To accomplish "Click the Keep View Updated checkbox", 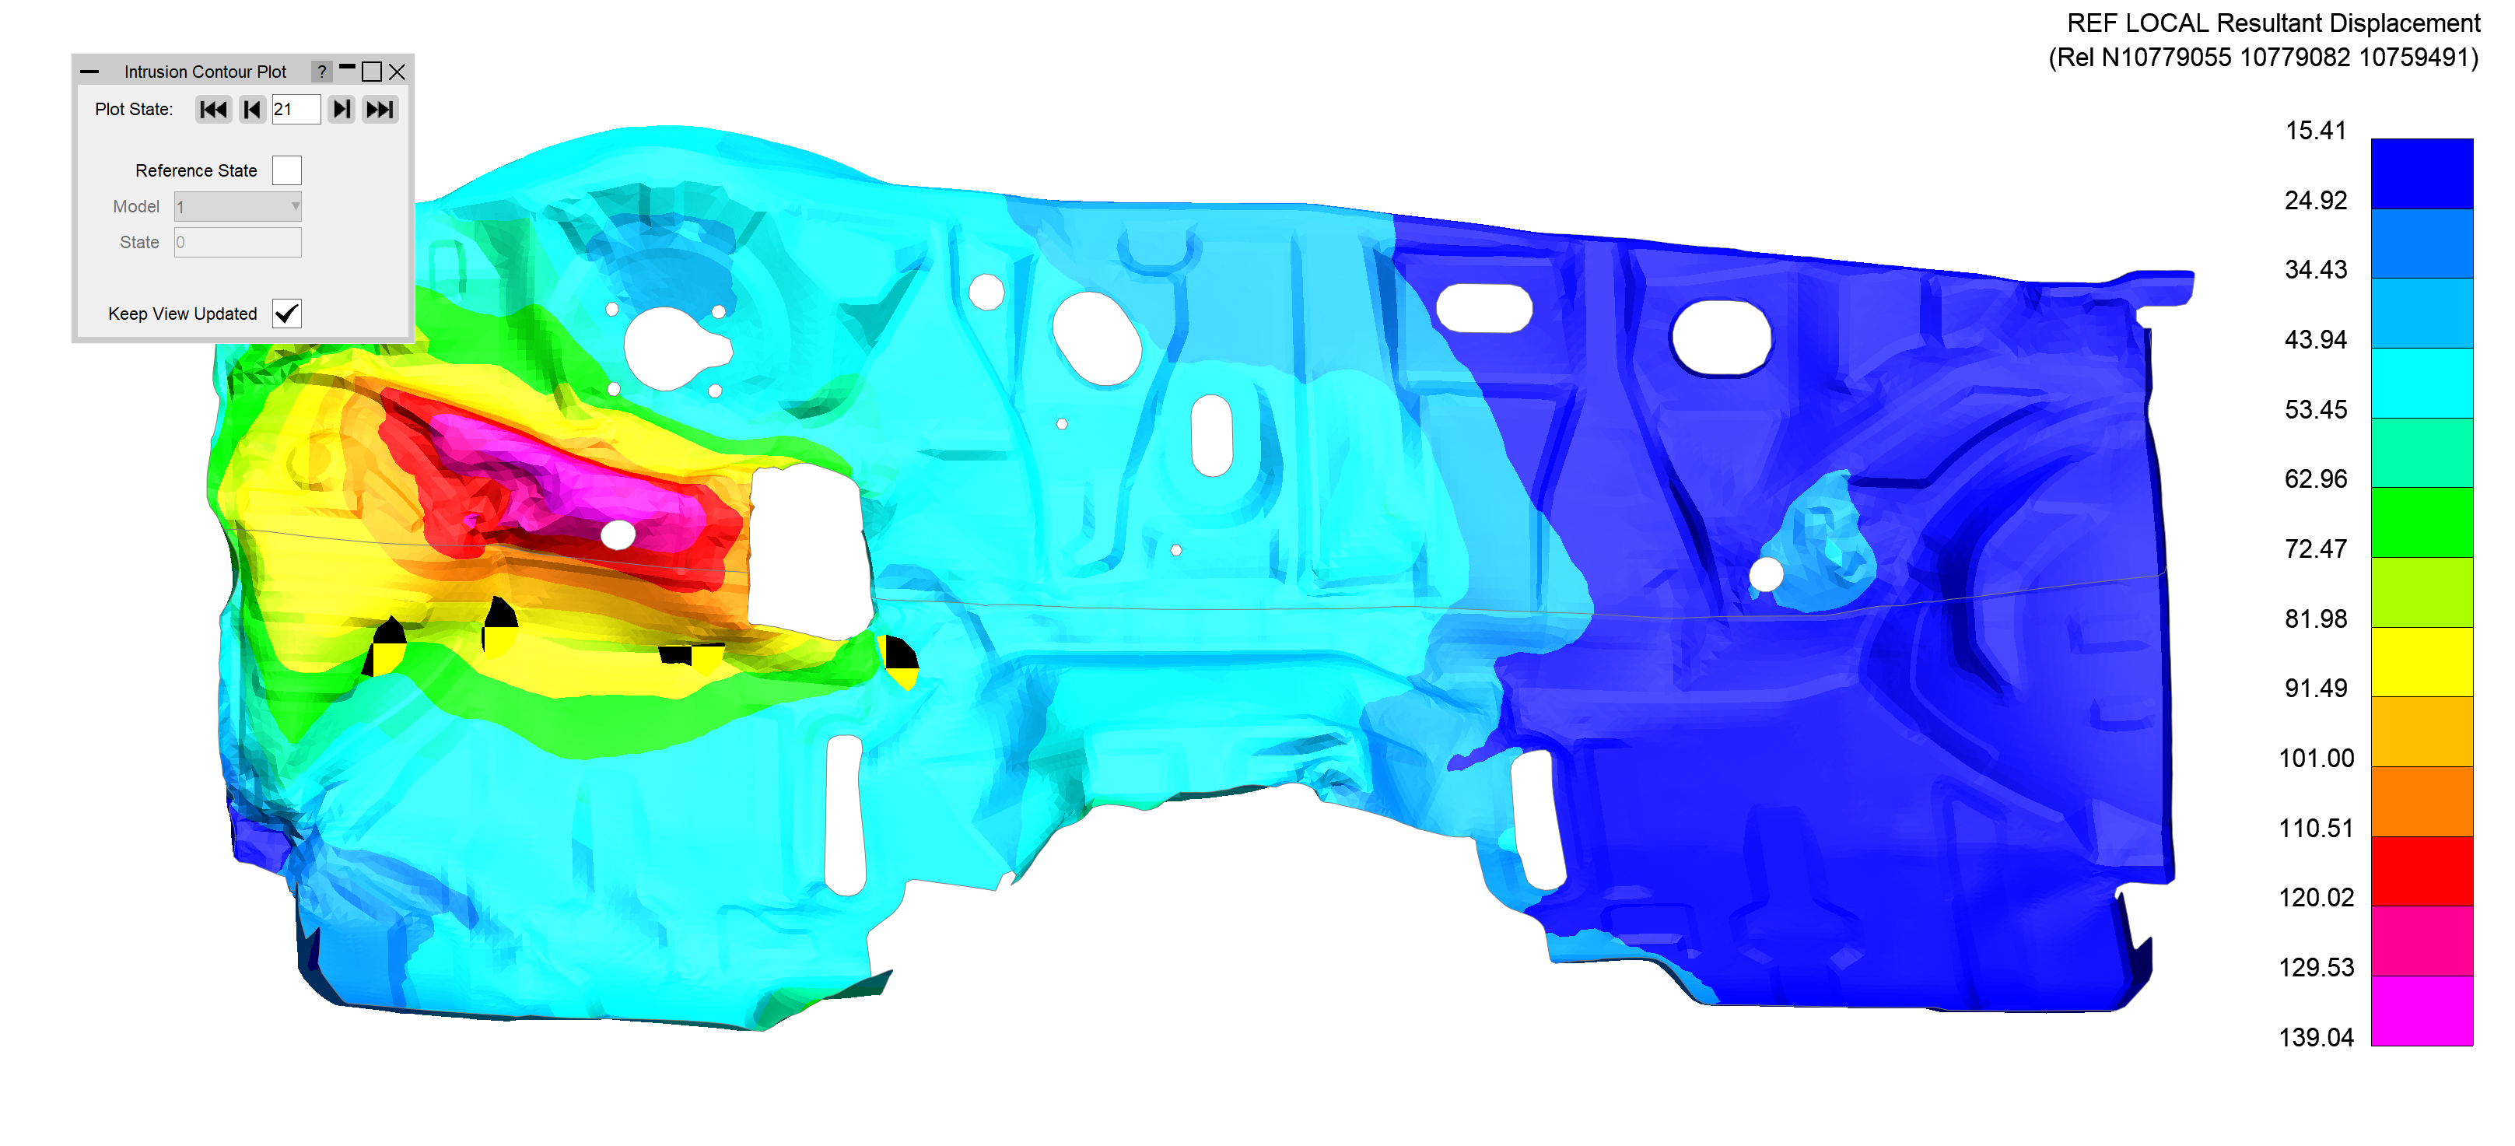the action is [287, 314].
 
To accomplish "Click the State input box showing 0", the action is [238, 242].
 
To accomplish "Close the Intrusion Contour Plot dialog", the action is [398, 72].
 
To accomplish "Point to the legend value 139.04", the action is [2316, 1036].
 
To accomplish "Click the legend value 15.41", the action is [2316, 131].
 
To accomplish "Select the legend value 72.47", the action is [2316, 548].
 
